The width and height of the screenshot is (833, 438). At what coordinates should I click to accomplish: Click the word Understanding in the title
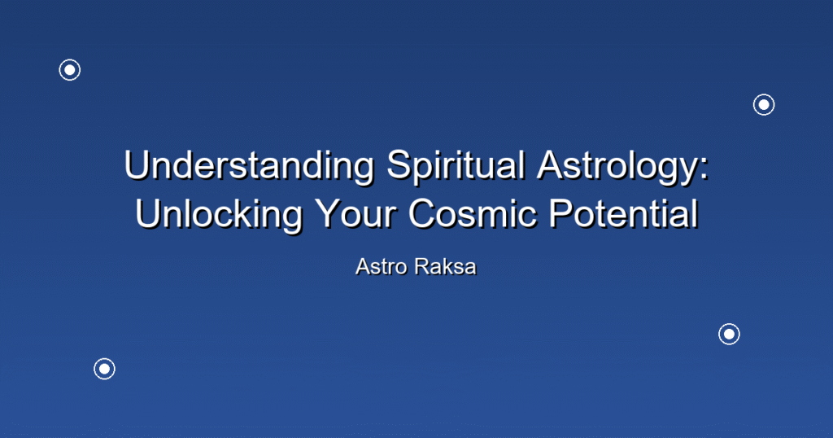[249, 165]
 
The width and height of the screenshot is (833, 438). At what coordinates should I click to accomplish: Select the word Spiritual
[456, 165]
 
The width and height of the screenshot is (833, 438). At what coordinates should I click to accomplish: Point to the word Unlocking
[218, 214]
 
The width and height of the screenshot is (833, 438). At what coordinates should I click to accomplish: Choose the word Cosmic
[473, 214]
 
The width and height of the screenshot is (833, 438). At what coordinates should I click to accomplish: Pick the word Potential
[623, 214]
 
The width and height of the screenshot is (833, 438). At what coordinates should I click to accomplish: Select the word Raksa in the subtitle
[446, 267]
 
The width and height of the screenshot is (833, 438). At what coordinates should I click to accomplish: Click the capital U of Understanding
[137, 165]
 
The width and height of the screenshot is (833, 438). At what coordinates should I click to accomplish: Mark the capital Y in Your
[329, 213]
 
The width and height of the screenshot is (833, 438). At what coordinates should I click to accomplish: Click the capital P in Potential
[562, 213]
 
